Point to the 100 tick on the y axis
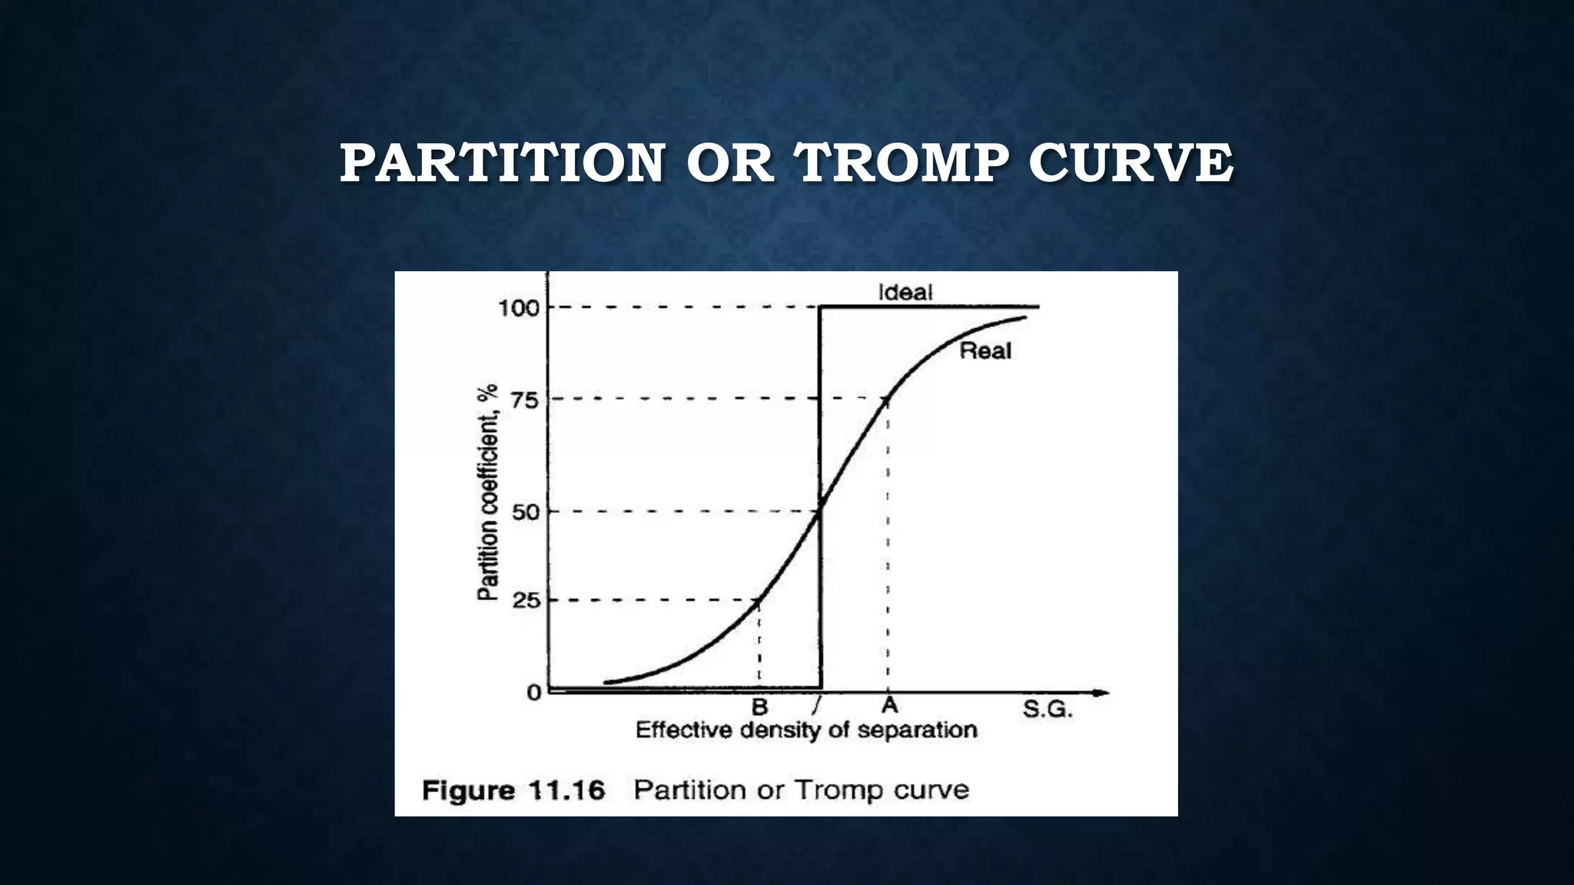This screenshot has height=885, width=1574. (x=519, y=309)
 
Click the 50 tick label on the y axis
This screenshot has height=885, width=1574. (x=526, y=512)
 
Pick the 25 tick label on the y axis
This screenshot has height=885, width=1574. (x=526, y=601)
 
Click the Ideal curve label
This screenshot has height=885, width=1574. (x=905, y=292)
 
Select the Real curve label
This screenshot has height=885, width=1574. (x=985, y=351)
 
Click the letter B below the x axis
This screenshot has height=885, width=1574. (x=759, y=707)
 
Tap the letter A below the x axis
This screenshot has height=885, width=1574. (x=889, y=705)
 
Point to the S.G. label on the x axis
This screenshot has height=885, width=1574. (x=1047, y=710)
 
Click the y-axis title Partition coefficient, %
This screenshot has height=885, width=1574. (x=488, y=492)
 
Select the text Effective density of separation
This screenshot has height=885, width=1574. (x=806, y=730)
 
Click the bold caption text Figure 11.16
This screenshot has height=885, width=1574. (x=513, y=790)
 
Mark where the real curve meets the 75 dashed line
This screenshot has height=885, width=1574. (x=888, y=398)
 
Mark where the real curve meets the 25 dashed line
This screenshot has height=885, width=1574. (x=759, y=600)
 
